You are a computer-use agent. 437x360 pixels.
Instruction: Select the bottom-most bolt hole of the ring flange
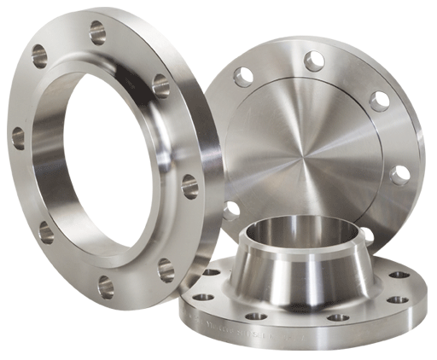105,287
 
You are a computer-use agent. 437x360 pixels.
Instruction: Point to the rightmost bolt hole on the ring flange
189,187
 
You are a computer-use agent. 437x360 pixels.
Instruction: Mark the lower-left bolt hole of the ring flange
45,231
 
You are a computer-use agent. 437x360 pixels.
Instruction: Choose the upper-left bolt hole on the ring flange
39,56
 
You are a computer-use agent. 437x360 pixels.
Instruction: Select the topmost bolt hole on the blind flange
314,61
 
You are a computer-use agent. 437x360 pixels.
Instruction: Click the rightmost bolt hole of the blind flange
399,175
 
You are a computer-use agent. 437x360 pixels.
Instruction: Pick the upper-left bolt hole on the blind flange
244,78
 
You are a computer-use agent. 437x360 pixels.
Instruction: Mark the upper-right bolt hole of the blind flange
379,101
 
